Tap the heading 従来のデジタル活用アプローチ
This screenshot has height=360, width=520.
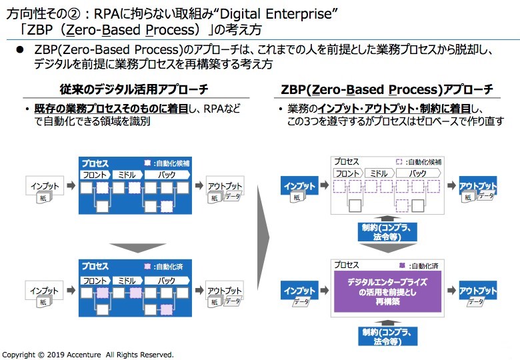point(133,89)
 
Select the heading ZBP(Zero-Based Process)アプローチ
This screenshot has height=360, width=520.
point(387,89)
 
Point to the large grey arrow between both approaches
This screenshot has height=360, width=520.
point(263,235)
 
